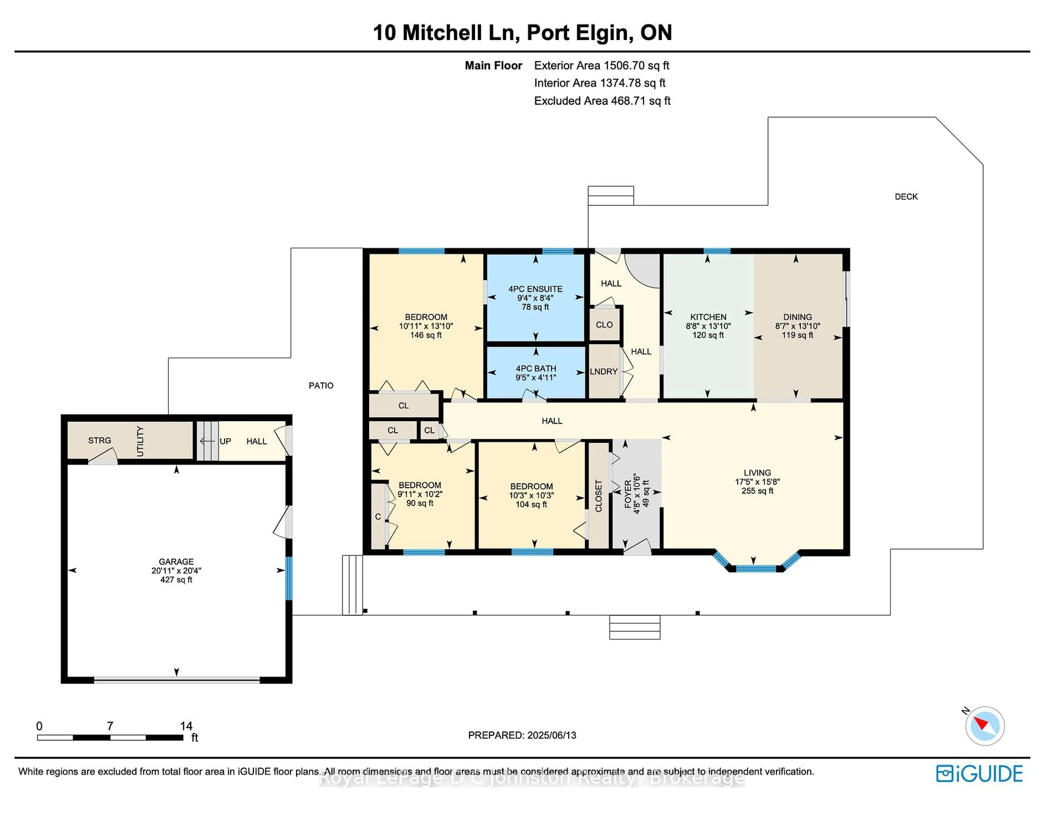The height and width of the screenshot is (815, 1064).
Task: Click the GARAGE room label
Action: [x=176, y=561]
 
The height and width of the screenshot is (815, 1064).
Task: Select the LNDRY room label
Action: [x=603, y=371]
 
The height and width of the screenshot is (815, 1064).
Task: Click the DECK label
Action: [x=906, y=196]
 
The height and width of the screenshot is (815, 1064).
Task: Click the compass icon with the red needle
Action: [x=984, y=726]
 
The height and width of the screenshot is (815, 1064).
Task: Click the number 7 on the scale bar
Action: [x=110, y=726]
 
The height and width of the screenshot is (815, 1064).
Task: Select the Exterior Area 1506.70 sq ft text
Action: [x=602, y=65]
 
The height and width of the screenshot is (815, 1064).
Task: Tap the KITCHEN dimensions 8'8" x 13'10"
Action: [x=708, y=326]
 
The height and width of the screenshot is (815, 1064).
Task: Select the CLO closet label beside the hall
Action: [x=604, y=325]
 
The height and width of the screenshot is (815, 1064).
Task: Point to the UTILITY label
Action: [x=140, y=441]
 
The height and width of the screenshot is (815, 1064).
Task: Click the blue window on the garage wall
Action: [x=289, y=578]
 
